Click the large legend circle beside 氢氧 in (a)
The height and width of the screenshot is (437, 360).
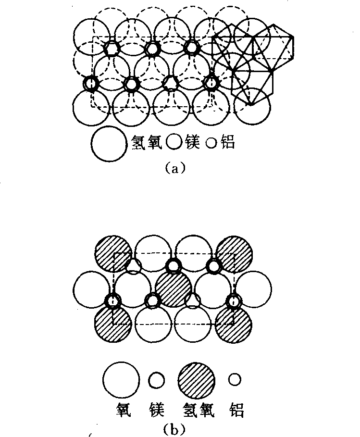coord(109,143)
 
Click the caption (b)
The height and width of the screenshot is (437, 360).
coord(174,427)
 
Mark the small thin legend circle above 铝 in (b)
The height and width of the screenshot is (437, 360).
coord(234,380)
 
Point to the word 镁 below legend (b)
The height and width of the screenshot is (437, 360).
coord(156,410)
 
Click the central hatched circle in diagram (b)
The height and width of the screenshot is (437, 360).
coord(174,289)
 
